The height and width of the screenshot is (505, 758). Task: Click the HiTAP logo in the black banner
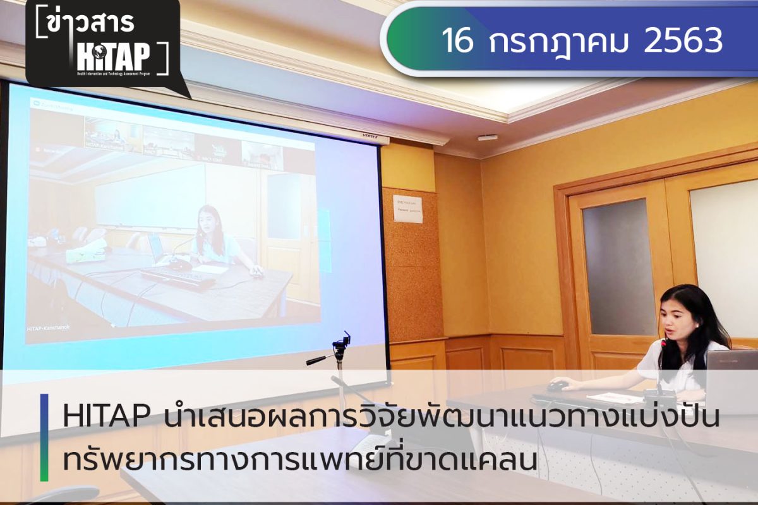point(114,59)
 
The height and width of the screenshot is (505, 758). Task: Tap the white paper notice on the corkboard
point(407,208)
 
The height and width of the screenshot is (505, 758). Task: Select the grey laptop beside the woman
point(733,379)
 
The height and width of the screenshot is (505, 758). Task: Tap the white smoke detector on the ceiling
point(487,138)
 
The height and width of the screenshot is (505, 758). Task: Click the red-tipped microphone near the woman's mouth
point(664,343)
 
